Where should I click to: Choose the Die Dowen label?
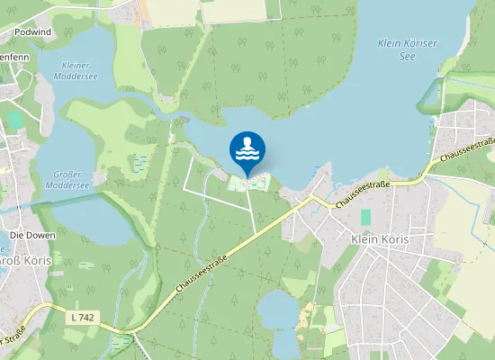[32, 235]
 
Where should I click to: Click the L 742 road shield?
[81, 317]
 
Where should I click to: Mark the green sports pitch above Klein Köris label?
[365, 217]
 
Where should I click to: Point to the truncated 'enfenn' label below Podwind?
[16, 58]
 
